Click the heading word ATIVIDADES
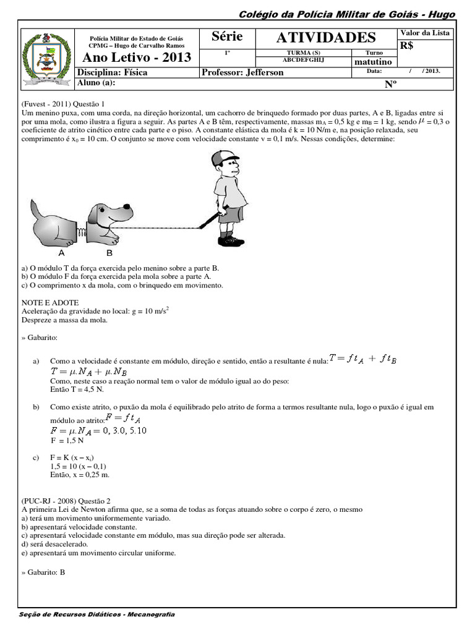coord(326,38)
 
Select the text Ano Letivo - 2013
coord(137,58)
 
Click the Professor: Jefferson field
coord(243,72)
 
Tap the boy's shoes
coord(230,240)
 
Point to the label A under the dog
coord(61,253)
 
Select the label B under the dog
coord(109,253)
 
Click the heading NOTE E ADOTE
coord(50,302)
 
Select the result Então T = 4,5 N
coord(77,390)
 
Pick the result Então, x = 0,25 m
coord(80,475)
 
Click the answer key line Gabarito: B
coord(43,572)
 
